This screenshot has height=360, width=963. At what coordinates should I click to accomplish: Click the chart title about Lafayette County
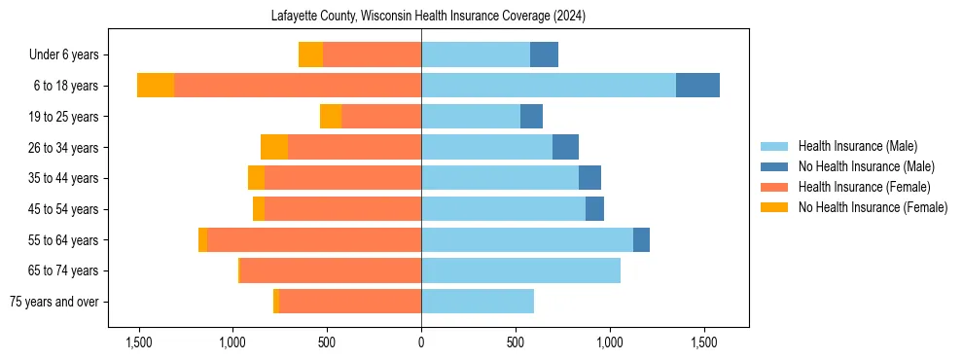421,17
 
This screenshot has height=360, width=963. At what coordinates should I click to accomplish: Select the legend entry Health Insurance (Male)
857,146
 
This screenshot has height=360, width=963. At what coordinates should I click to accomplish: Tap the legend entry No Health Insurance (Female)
873,207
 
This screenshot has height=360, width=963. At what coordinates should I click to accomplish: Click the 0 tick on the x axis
421,342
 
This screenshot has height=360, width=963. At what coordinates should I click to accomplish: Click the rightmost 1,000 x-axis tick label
610,342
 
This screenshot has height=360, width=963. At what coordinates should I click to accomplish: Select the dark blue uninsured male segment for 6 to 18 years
697,86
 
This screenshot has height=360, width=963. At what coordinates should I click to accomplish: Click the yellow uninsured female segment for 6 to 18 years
156,86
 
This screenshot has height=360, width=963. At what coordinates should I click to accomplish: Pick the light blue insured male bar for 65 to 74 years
520,270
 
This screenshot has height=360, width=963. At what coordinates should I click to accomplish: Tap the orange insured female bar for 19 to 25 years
381,117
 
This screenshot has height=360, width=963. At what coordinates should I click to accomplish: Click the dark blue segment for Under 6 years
544,54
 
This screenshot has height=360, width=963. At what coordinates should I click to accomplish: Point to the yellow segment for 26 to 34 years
274,147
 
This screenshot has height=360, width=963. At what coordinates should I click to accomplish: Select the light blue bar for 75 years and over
478,302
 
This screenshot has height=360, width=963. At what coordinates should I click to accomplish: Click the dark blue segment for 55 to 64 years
641,239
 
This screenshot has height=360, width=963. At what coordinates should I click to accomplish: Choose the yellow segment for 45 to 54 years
259,209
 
